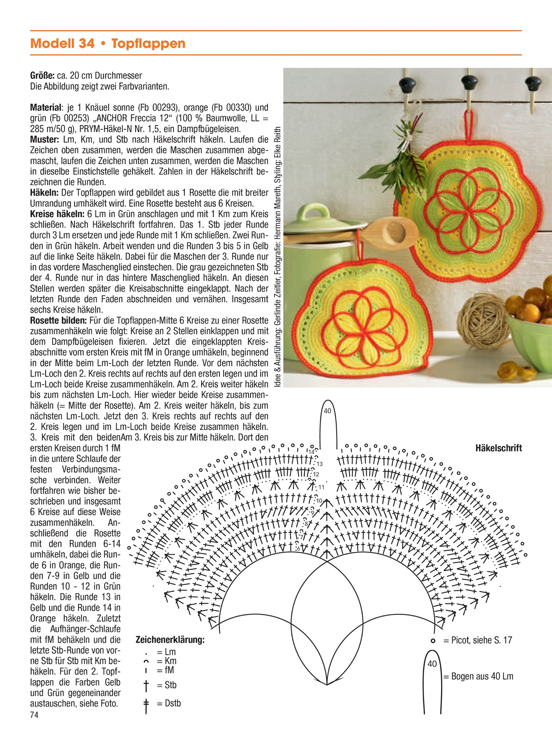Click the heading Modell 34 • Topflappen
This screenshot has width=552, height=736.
tap(108, 43)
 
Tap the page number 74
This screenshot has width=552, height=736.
tap(34, 715)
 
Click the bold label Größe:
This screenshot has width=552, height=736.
tap(42, 76)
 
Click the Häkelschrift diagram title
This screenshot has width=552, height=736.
tap(498, 448)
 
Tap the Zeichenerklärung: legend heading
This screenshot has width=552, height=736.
tap(170, 640)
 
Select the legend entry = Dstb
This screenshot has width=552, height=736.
tap(169, 703)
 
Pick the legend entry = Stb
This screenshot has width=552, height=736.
tap(167, 685)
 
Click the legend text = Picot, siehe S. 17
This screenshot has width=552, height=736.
tap(478, 640)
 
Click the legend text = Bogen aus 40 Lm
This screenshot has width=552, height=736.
tap(478, 676)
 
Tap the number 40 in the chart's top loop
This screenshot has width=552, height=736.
tap(327, 411)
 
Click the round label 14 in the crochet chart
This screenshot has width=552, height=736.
tap(311, 452)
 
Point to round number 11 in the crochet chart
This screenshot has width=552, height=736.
tap(321, 487)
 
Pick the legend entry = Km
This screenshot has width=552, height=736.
tap(166, 661)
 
